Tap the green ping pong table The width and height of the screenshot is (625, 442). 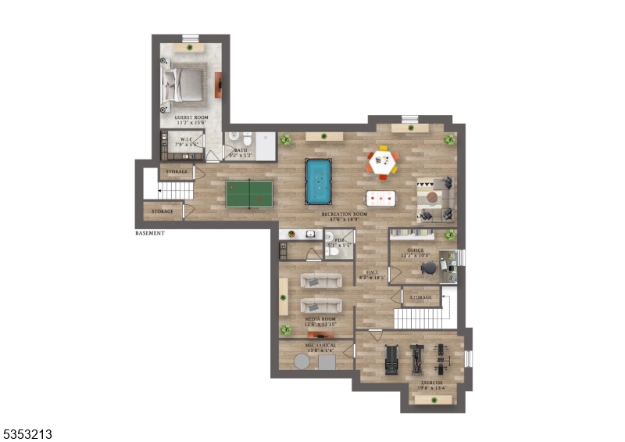point(248,193)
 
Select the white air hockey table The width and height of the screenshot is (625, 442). point(381,199)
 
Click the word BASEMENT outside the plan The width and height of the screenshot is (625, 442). point(149,233)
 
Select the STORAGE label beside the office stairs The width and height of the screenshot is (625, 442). point(421,298)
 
